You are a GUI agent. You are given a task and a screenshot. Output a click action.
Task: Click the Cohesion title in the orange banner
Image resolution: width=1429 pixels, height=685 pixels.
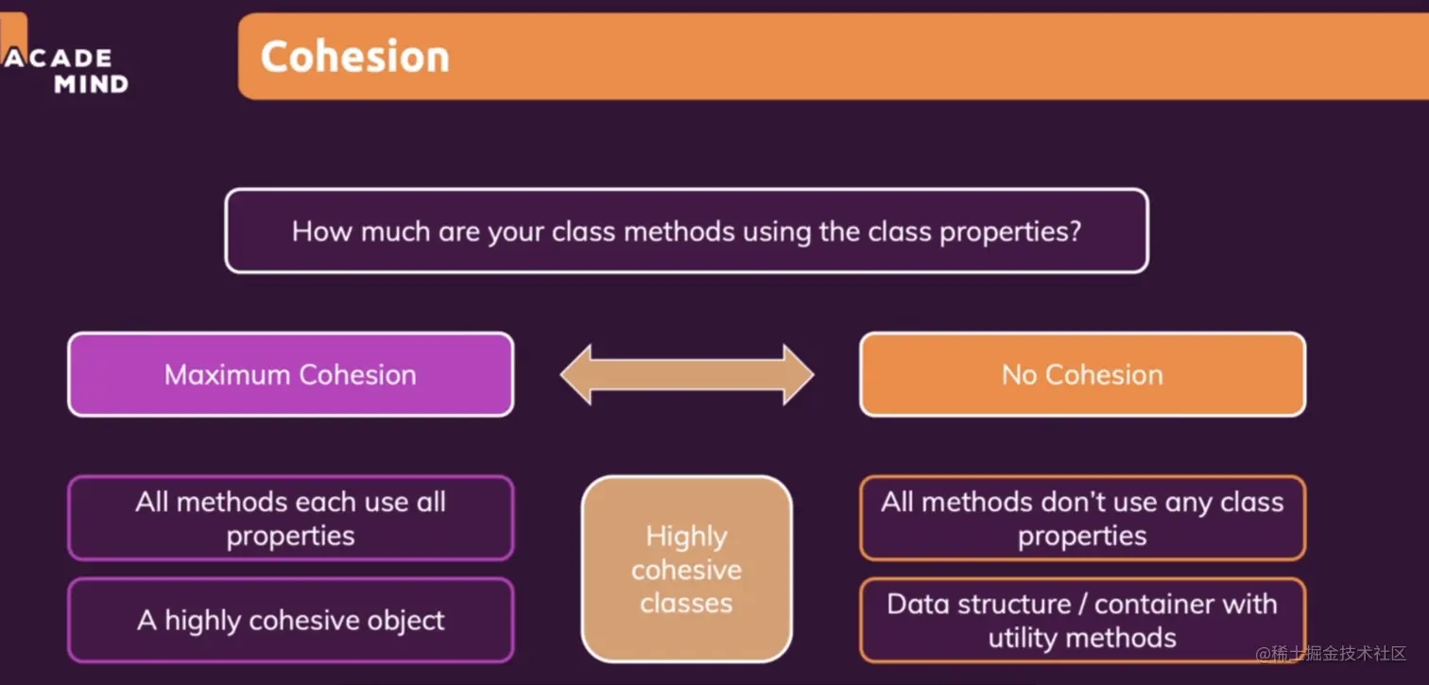pyautogui.click(x=354, y=56)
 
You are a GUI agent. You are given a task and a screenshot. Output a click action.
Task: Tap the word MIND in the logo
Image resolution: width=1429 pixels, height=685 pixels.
pyautogui.click(x=92, y=84)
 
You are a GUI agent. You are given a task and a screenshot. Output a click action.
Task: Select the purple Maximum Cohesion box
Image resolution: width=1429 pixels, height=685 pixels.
pyautogui.click(x=291, y=374)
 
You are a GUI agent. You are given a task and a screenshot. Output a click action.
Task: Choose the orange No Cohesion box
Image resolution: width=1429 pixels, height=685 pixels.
pyautogui.click(x=1082, y=374)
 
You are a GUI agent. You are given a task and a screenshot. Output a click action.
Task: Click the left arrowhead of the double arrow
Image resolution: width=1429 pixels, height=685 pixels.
pyautogui.click(x=575, y=374)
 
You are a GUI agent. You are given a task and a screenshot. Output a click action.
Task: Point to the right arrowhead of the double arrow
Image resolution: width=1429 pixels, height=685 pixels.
pyautogui.click(x=800, y=374)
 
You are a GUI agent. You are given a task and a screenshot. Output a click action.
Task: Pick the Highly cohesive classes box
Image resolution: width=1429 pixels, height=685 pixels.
pyautogui.click(x=686, y=569)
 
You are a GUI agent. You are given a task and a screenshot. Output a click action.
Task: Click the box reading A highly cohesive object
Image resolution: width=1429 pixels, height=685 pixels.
pyautogui.click(x=291, y=620)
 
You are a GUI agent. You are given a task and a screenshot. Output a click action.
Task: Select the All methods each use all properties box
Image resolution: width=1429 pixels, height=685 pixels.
pyautogui.click(x=291, y=518)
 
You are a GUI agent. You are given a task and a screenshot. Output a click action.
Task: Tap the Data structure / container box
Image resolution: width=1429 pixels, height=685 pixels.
pyautogui.click(x=1082, y=620)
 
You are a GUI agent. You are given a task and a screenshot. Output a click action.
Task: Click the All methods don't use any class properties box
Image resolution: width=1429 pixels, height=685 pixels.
pyautogui.click(x=1082, y=518)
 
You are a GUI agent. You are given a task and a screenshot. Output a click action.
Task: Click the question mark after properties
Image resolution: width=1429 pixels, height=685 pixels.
pyautogui.click(x=1076, y=231)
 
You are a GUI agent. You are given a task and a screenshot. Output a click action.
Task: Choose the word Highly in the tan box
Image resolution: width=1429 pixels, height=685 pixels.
pyautogui.click(x=686, y=537)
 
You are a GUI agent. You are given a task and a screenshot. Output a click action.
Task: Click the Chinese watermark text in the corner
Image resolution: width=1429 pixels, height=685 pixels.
pyautogui.click(x=1331, y=653)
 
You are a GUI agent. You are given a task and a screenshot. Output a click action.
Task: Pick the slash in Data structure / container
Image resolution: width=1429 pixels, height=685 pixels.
pyautogui.click(x=1082, y=604)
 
